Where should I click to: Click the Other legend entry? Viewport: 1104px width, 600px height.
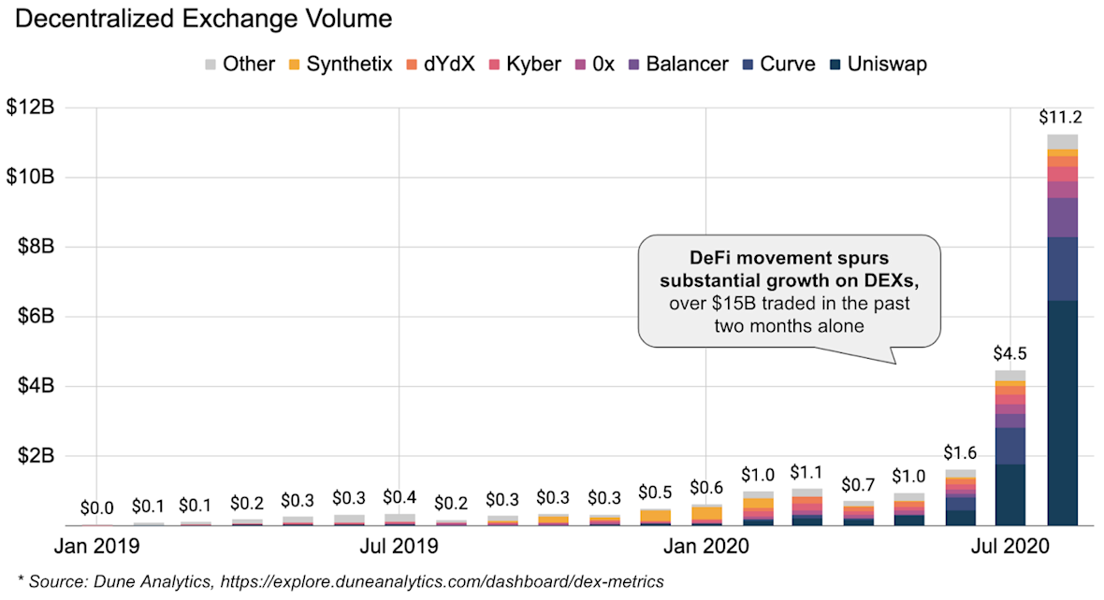pos(239,64)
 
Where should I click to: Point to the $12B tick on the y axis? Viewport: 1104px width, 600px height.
pos(31,108)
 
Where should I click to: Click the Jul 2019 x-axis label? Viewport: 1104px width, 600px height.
pos(399,544)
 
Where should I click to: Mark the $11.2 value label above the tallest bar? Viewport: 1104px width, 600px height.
pos(1061,118)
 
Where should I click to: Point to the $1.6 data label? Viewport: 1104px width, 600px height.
pos(960,453)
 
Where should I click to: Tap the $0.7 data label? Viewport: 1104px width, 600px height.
pos(858,485)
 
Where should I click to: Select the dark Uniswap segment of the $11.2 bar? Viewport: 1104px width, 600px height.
pos(1062,411)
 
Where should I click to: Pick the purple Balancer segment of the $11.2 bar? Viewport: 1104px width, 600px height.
pos(1062,217)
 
